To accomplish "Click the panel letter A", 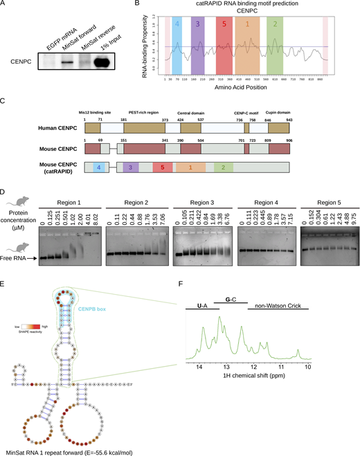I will click(x=4, y=5).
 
